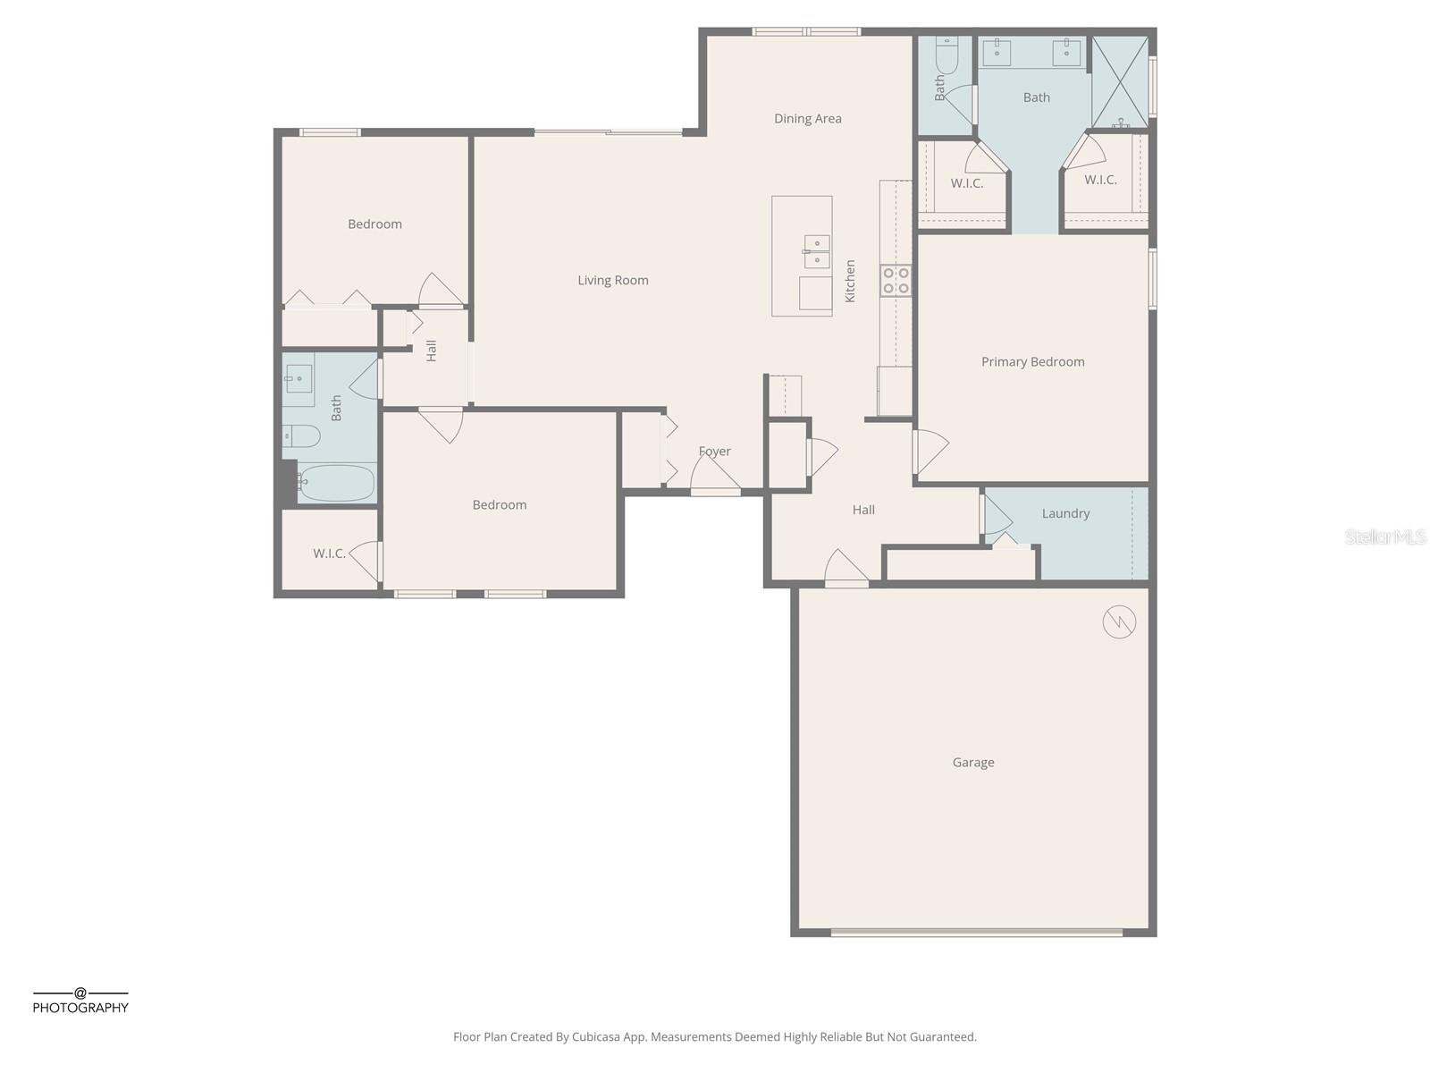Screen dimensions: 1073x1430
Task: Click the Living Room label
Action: tap(612, 281)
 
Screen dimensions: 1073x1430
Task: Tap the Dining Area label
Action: tap(807, 119)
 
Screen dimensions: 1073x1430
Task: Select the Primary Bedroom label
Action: tap(1032, 362)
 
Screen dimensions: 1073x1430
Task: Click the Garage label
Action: tap(972, 763)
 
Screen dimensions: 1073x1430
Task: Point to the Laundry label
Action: tap(1065, 514)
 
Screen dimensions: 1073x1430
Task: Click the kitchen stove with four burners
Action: tap(896, 281)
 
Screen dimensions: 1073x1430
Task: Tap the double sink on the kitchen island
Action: tap(816, 251)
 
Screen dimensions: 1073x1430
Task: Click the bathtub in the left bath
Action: tap(335, 484)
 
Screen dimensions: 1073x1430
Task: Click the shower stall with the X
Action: tap(1120, 81)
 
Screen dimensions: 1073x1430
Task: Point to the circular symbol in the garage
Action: tap(1119, 621)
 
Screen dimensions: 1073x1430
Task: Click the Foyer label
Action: tap(714, 452)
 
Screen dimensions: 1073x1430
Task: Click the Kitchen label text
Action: tap(850, 281)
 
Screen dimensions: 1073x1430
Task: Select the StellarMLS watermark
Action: tap(1384, 536)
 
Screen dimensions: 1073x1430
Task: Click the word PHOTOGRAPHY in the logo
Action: tap(80, 1008)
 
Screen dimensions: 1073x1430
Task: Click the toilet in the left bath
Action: tap(302, 436)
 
